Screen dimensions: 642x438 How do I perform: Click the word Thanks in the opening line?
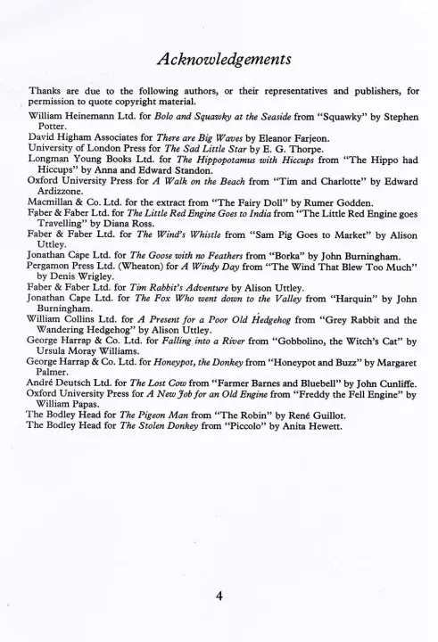46,91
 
